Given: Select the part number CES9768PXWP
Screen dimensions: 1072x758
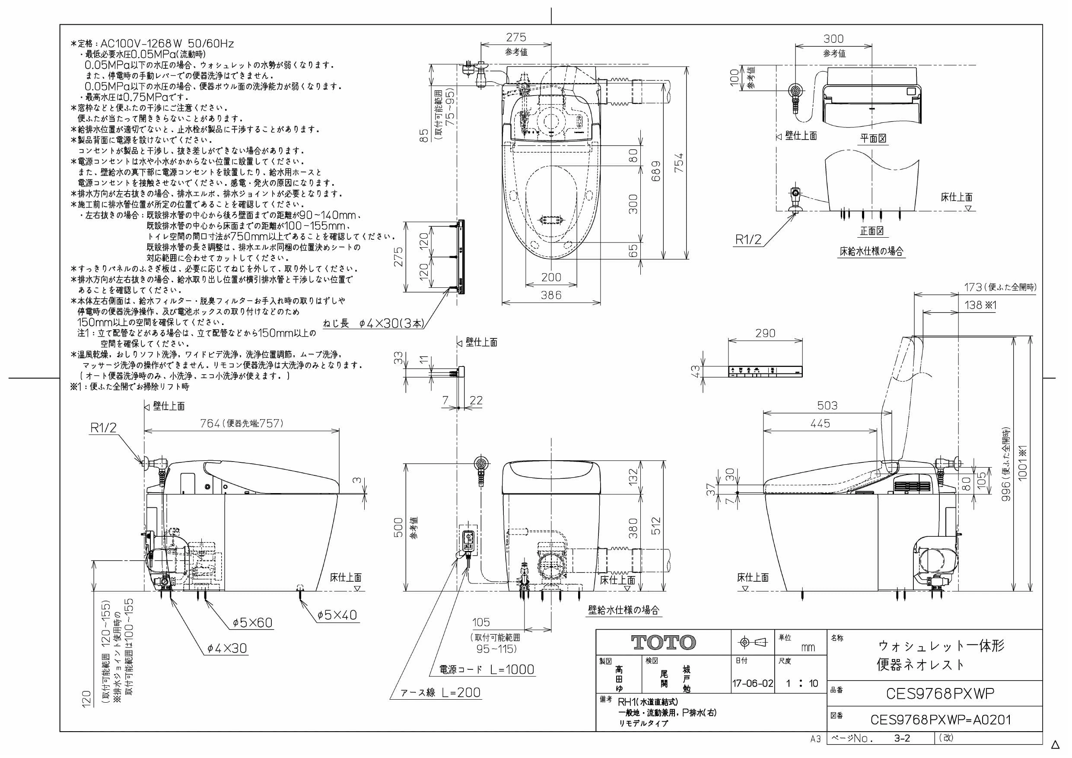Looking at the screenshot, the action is tap(940, 694).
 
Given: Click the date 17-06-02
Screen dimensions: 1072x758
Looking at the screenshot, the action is tap(753, 684).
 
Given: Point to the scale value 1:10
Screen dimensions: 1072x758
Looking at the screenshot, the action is tap(802, 684).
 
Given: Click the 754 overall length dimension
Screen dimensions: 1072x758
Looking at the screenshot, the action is tap(680, 163).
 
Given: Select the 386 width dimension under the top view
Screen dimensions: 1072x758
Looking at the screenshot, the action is tap(551, 295).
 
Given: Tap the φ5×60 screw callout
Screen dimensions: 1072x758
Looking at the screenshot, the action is tap(253, 623).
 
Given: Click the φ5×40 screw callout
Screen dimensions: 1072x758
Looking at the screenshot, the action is tap(337, 615).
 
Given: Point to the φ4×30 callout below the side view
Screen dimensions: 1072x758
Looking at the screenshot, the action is tap(227, 648).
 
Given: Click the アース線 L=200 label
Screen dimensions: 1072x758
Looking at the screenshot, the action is tap(441, 693).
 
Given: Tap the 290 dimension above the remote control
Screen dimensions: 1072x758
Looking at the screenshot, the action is tap(765, 333).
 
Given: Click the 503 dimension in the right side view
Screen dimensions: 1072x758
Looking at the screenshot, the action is tap(827, 405).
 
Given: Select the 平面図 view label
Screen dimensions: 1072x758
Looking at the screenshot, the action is tap(873, 138).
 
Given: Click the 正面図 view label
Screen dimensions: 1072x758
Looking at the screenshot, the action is tap(872, 231).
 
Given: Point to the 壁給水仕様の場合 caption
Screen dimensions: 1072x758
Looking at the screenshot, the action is tap(624, 610).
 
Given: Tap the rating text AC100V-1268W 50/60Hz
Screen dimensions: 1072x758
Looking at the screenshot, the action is tap(167, 44).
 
